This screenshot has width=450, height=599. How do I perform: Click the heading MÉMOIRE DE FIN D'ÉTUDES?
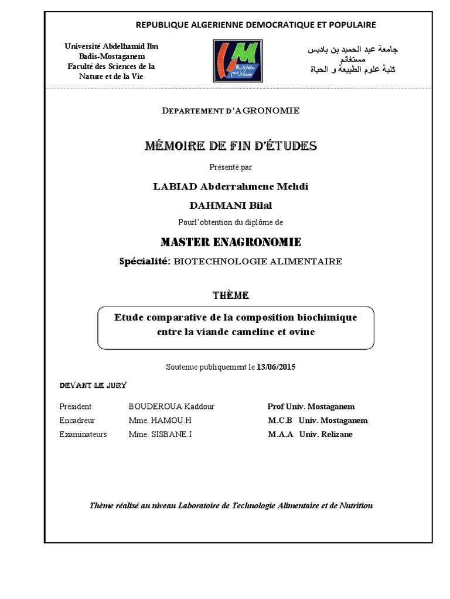pos(230,146)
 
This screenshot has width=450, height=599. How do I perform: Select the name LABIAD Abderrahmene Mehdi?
pos(230,186)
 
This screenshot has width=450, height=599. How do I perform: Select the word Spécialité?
pos(144,261)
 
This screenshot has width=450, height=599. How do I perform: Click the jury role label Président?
pos(76,407)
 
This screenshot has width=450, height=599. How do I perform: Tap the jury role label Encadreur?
pos(77,421)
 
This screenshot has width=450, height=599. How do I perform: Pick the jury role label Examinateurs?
pos(83,435)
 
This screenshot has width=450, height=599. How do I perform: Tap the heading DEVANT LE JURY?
pos(93,385)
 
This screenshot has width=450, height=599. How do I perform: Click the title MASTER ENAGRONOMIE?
pos(230,242)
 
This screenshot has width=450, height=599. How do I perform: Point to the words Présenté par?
pos(231,167)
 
